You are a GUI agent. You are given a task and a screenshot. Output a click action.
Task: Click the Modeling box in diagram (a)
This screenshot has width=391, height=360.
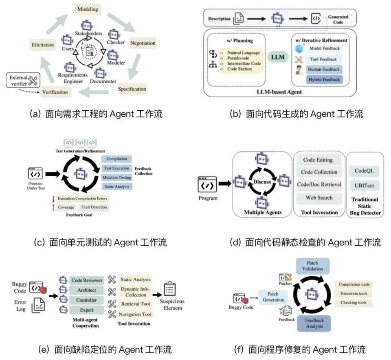[x=87, y=9]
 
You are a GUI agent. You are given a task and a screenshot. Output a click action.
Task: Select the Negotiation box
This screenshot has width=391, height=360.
[x=143, y=43]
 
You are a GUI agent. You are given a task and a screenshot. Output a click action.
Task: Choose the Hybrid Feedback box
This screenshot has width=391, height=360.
[x=325, y=80]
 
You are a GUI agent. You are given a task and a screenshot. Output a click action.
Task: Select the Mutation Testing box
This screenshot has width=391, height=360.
[x=116, y=177]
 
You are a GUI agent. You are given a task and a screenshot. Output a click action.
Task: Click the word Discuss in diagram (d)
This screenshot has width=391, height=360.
[x=261, y=182]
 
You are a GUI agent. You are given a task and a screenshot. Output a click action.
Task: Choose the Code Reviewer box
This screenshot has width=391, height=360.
[x=87, y=280]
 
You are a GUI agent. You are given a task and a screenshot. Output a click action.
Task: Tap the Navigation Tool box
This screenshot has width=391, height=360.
[x=135, y=314]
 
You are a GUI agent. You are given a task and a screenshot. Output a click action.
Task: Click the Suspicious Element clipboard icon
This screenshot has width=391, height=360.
[x=169, y=288]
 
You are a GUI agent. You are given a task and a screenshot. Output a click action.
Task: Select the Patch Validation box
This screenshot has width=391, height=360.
[x=312, y=265]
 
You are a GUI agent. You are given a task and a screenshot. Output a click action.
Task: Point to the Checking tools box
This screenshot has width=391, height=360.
[x=353, y=303]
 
